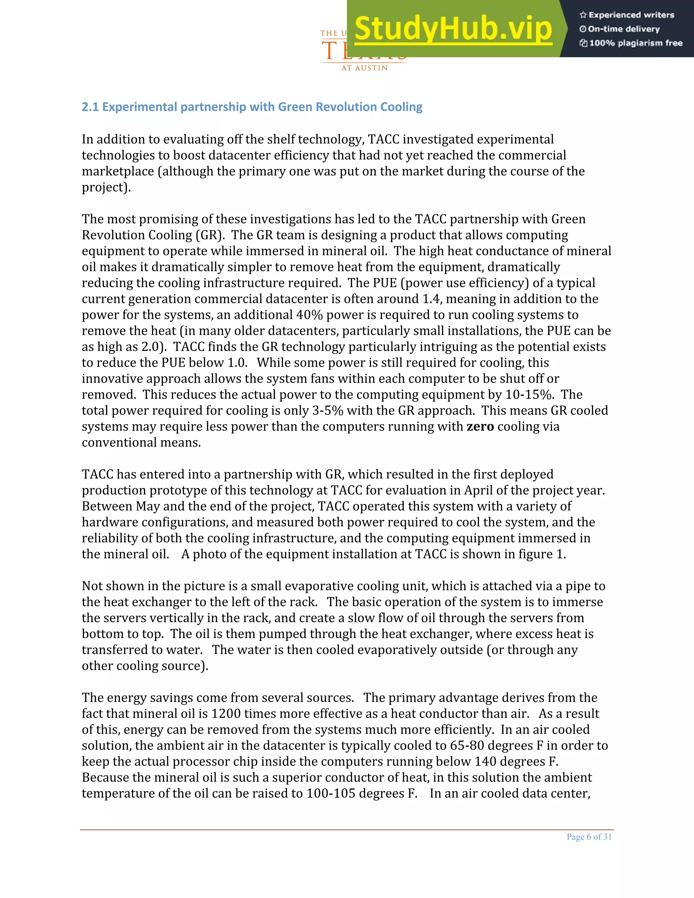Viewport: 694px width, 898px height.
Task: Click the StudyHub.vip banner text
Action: pos(453,29)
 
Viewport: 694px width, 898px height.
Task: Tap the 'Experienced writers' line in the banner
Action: pos(627,15)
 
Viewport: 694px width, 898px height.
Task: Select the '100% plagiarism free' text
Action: pos(632,43)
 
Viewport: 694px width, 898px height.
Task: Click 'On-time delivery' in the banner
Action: pos(620,29)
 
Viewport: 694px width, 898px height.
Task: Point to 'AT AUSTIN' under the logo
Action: pos(365,68)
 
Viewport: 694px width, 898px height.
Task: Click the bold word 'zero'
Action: pos(480,426)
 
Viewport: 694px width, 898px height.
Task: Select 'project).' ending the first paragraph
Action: pos(106,187)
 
